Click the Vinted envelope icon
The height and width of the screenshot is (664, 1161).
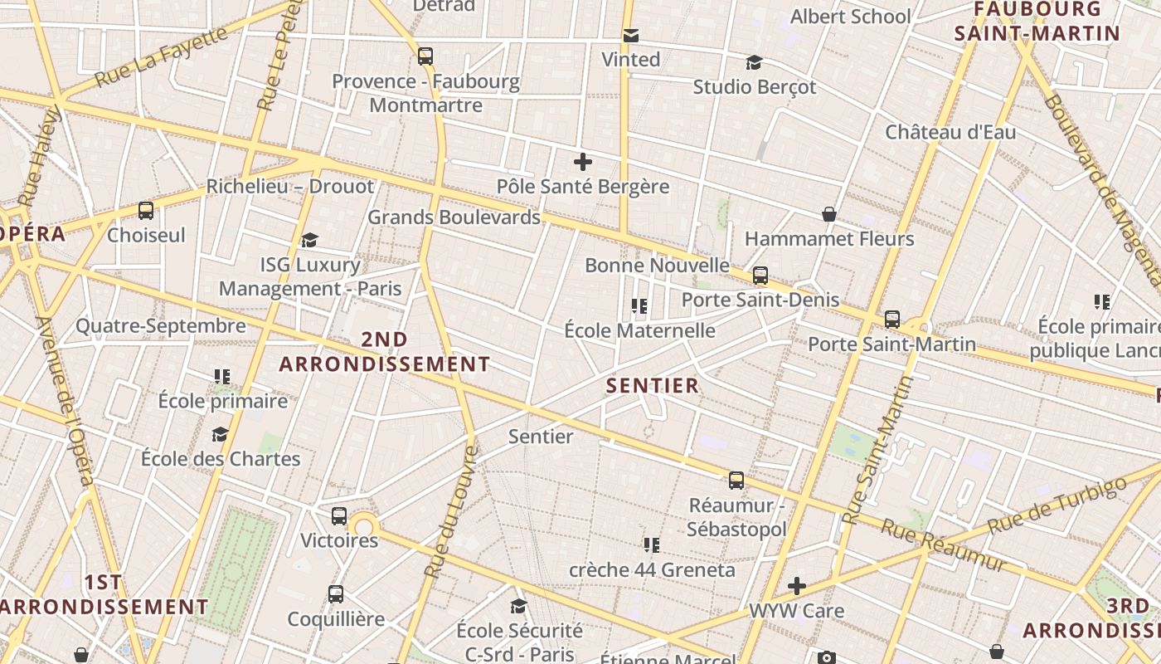click(x=631, y=36)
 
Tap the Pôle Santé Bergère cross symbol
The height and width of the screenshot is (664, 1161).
click(x=583, y=162)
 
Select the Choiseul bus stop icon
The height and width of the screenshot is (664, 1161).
click(x=146, y=211)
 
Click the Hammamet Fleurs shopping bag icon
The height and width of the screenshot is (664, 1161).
click(x=828, y=215)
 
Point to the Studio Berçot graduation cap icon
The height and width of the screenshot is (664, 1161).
click(x=754, y=63)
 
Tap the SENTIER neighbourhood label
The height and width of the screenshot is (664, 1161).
click(x=653, y=386)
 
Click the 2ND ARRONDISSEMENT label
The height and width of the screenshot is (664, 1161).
click(x=385, y=352)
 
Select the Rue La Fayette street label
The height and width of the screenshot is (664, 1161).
click(x=161, y=57)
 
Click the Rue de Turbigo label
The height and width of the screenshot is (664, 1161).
click(x=1057, y=505)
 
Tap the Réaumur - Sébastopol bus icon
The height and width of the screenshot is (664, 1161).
click(x=736, y=481)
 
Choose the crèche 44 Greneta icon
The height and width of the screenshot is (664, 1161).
click(x=652, y=545)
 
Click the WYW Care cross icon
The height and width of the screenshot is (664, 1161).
click(x=797, y=587)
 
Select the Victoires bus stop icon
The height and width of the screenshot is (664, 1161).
click(x=339, y=516)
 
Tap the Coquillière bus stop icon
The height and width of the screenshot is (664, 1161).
click(x=336, y=594)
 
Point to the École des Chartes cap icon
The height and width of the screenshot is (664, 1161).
click(x=220, y=434)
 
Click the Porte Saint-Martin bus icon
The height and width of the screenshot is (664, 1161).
click(x=892, y=320)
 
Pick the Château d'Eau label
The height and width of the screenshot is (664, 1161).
click(x=950, y=132)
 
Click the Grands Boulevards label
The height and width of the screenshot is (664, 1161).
click(x=454, y=217)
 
